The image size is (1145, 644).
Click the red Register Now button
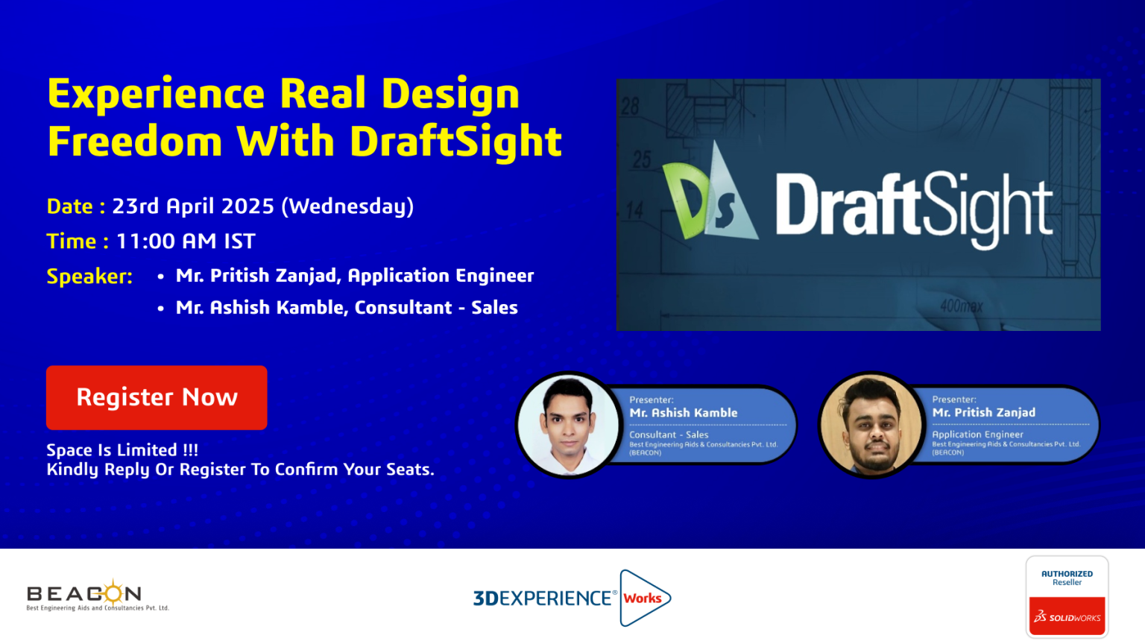[157, 397]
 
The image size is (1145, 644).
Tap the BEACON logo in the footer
[98, 596]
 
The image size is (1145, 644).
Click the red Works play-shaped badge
[644, 598]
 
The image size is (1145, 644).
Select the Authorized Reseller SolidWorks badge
[1067, 596]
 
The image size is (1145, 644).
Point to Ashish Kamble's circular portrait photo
[568, 426]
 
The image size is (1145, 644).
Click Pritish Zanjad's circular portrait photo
[871, 426]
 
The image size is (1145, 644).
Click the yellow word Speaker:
[89, 277]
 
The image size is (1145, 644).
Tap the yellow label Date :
[76, 206]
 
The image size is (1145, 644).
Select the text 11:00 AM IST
[186, 241]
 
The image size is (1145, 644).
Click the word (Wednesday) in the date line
[347, 206]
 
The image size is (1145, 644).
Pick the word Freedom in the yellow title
[135, 141]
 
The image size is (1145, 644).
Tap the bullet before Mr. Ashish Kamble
[160, 309]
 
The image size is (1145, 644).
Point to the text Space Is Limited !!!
[122, 450]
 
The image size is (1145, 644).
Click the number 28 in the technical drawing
[630, 107]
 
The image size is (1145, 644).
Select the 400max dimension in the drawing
[961, 306]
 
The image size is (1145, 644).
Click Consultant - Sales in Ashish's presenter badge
[669, 435]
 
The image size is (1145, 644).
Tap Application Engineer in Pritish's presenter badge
[977, 435]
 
